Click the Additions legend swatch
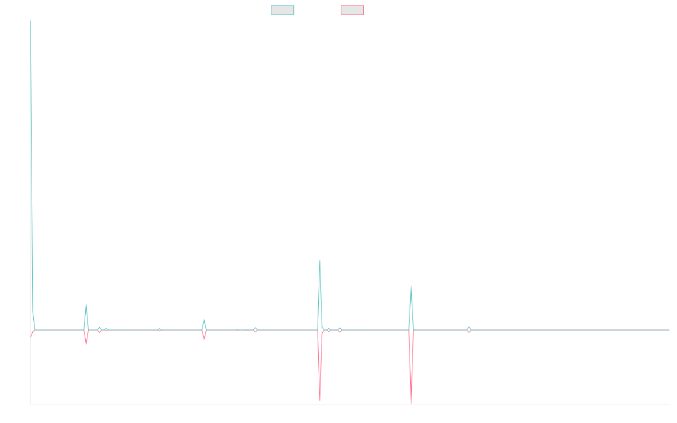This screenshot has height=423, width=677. click(283, 10)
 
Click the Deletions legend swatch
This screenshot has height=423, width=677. click(352, 10)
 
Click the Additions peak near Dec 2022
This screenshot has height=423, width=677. click(319, 261)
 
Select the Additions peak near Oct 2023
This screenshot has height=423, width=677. click(411, 286)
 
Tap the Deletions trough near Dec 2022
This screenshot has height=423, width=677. click(319, 401)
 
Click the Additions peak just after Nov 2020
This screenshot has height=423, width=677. click(86, 305)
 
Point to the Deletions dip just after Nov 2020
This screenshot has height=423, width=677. click(86, 345)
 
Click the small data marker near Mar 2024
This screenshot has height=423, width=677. click(469, 329)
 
